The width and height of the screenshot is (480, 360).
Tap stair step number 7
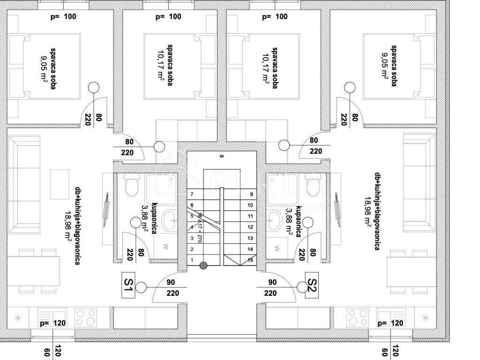point(191,194)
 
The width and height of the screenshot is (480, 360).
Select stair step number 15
point(250,260)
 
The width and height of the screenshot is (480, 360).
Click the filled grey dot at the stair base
point(203,266)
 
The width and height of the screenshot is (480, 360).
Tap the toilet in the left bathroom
point(131,186)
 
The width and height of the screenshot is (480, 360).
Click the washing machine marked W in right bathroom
point(277,246)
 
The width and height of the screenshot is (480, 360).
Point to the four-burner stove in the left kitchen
point(86,317)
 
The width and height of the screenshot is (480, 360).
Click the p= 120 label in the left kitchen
point(52,323)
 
